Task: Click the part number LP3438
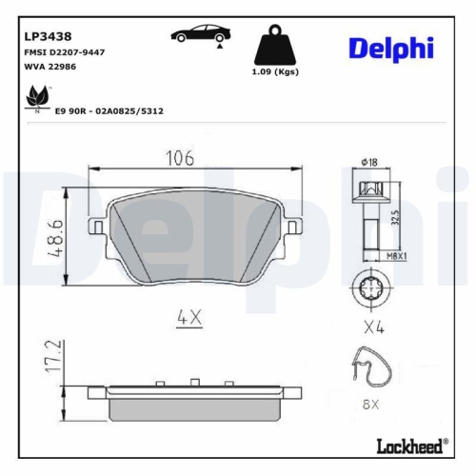point(45,34)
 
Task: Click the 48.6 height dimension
point(58,231)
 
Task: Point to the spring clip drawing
point(372,372)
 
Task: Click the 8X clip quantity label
point(372,404)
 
